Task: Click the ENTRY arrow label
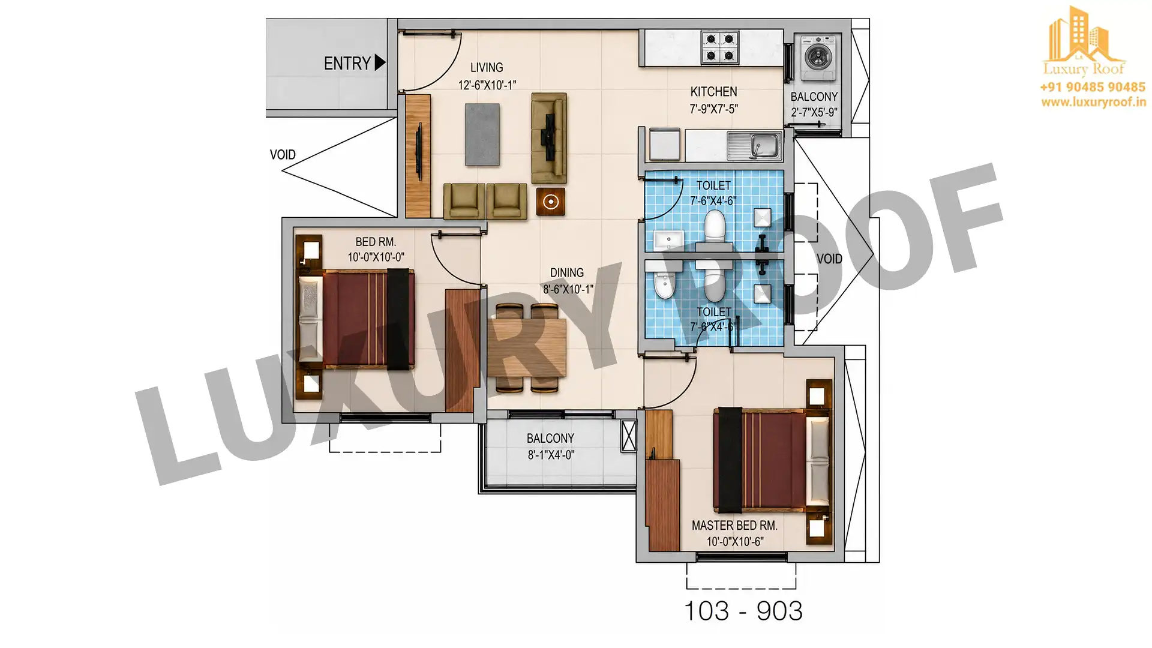click(355, 63)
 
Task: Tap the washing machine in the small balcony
click(817, 58)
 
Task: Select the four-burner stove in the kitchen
click(720, 47)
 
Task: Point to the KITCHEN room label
click(713, 92)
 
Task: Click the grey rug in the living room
click(482, 135)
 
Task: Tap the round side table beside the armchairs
click(550, 202)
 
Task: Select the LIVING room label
click(487, 68)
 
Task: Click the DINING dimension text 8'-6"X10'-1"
click(568, 289)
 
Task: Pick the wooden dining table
click(526, 348)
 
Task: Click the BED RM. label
click(376, 242)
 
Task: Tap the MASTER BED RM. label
click(734, 526)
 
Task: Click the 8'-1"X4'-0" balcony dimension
click(551, 455)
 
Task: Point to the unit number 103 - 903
click(743, 611)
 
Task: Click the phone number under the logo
click(1093, 88)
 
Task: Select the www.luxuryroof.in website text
click(1094, 102)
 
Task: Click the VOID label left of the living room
click(283, 155)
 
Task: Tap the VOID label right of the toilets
click(829, 259)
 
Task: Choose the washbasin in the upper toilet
click(668, 241)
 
